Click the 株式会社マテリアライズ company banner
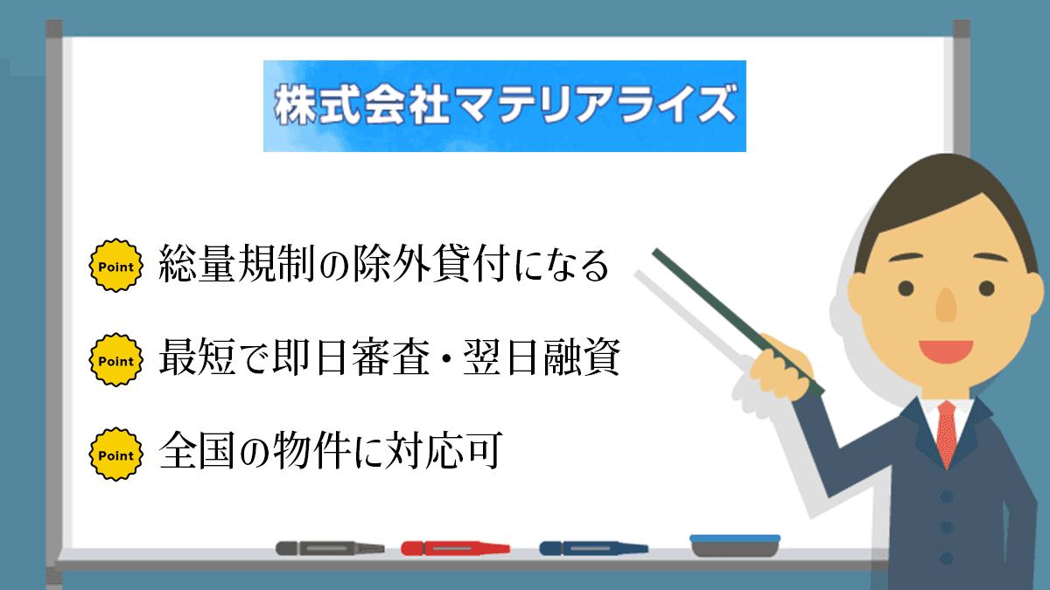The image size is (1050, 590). click(x=504, y=106)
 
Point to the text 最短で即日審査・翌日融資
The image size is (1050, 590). click(x=389, y=360)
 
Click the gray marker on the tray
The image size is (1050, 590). click(x=330, y=548)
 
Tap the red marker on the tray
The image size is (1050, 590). click(x=455, y=548)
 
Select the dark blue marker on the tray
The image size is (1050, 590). click(x=593, y=548)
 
